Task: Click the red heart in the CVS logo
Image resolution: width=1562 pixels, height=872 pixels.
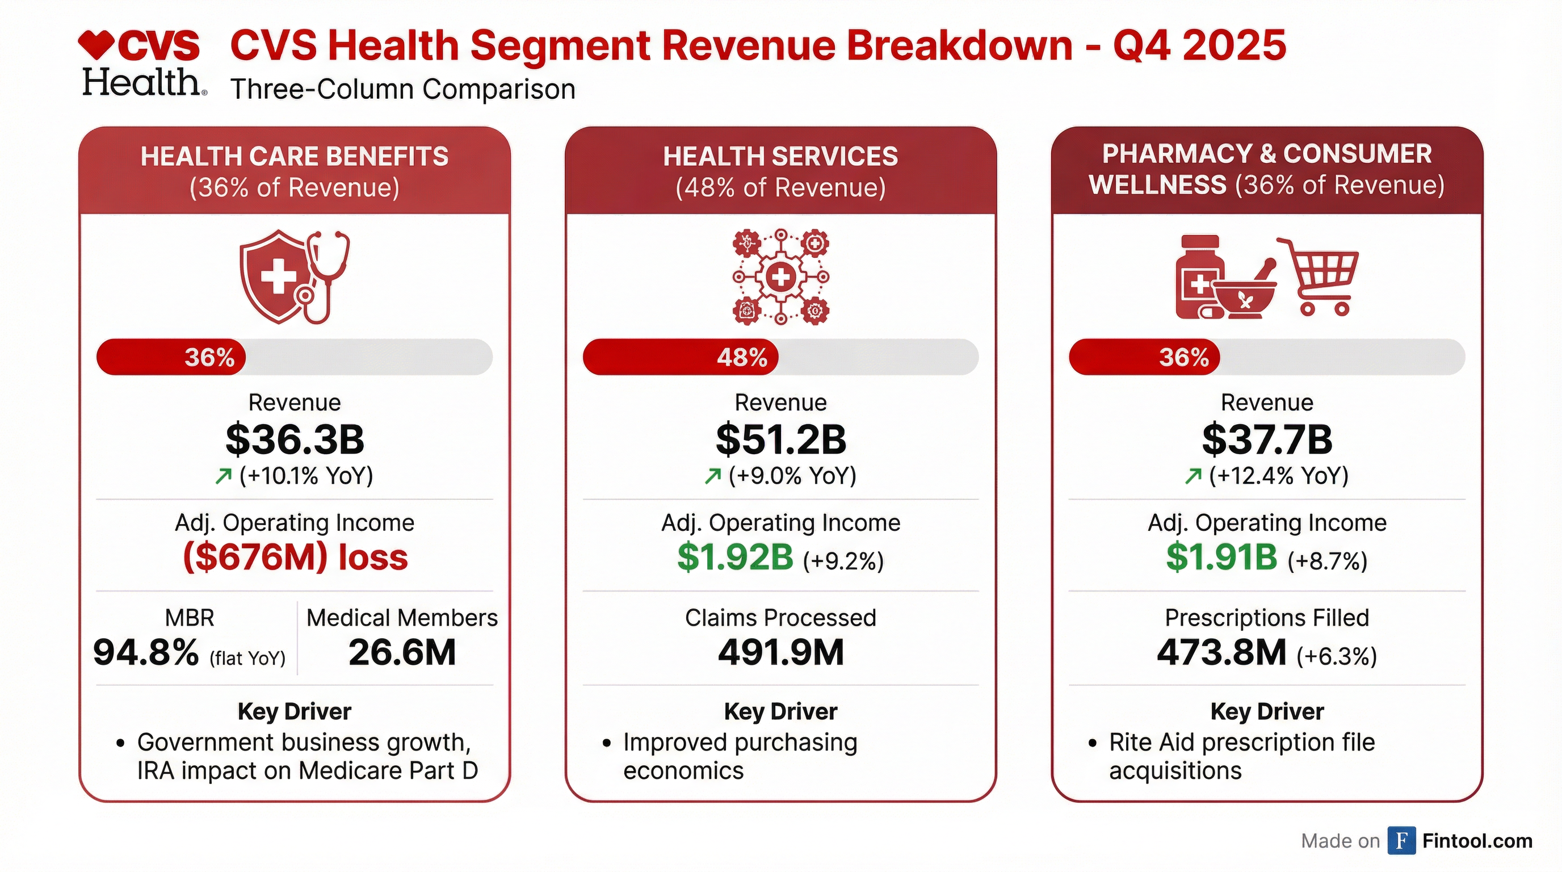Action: (96, 45)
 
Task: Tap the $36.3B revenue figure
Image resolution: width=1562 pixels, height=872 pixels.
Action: (295, 439)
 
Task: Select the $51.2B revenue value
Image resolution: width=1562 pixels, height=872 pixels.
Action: (780, 439)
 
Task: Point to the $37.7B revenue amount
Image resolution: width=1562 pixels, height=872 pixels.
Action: (1267, 439)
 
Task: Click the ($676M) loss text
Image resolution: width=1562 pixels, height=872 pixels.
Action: (295, 557)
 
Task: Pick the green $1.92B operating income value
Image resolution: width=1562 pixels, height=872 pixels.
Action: (735, 557)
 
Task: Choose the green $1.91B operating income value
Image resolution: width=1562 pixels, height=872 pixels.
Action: (1221, 557)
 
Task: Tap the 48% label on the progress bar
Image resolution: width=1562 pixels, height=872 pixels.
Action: (742, 357)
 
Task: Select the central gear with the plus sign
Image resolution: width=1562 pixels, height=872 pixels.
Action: (780, 278)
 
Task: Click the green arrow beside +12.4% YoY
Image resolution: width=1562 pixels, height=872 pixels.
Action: (1193, 477)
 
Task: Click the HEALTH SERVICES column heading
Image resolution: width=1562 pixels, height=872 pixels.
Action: (780, 157)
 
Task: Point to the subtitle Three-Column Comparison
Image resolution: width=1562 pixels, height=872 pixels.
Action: (402, 90)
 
